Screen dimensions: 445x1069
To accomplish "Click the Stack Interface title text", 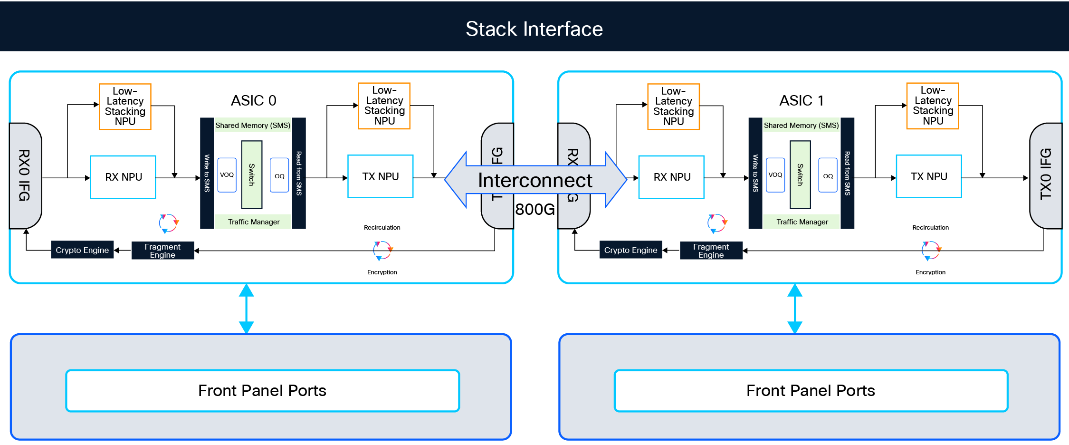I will click(534, 29).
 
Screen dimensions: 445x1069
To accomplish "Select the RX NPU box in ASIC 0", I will click(123, 177).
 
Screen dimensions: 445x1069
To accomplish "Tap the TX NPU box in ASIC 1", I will click(928, 176).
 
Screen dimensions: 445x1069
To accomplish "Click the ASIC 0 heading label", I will click(253, 100).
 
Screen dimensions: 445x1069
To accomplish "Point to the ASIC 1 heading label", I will click(801, 100).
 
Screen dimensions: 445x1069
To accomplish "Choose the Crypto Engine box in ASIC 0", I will click(82, 250).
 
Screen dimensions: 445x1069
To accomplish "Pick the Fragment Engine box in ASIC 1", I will click(711, 251).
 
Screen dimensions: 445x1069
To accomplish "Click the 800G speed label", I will click(534, 209).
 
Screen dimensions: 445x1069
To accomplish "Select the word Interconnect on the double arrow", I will click(535, 180).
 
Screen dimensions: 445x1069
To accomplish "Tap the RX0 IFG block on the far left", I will click(25, 175).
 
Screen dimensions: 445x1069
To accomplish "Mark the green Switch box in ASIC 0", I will click(252, 174).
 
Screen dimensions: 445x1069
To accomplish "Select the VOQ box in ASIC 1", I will click(775, 175).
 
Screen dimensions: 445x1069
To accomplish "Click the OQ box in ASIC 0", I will click(279, 175).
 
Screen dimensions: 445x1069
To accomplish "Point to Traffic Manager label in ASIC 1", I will click(802, 222).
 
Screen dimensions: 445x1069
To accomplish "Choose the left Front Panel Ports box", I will click(262, 390).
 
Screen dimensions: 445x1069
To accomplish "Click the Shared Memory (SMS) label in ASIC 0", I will click(253, 126).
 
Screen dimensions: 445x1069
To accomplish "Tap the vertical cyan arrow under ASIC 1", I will click(795, 309).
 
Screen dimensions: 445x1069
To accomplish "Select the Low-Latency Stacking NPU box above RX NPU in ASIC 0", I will click(125, 106).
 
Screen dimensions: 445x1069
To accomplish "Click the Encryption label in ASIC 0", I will click(382, 272).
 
